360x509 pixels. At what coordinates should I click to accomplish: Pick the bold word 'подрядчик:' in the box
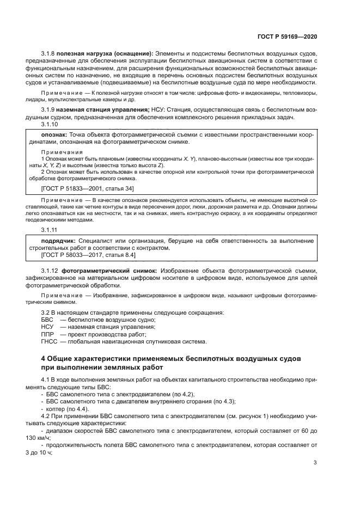tap(59, 240)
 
